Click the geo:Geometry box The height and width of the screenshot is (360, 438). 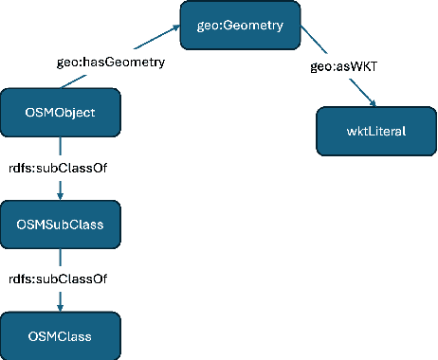[241, 25]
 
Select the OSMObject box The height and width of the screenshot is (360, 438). [61, 113]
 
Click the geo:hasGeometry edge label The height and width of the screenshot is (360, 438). [112, 63]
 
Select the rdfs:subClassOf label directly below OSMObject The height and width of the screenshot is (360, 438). [61, 170]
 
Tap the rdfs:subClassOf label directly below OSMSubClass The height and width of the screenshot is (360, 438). [61, 279]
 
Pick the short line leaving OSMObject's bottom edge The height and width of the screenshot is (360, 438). [61, 147]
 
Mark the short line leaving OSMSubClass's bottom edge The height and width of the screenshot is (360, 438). [61, 258]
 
